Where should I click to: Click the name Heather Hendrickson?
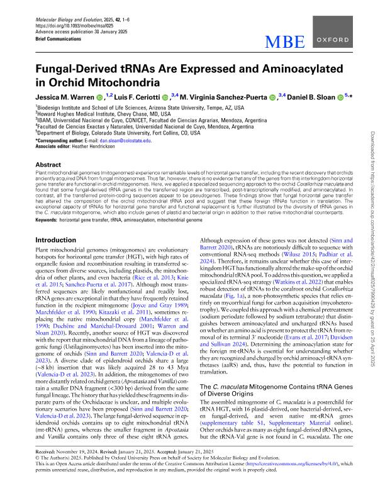(96, 147)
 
